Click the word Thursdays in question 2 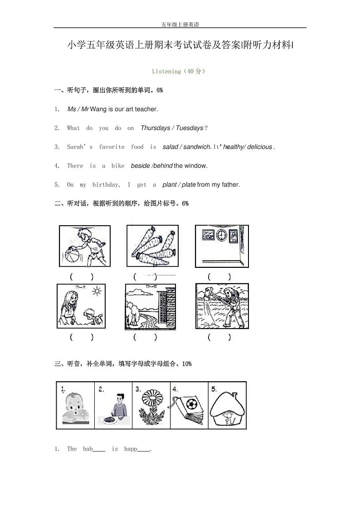click(155, 128)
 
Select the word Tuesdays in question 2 click(190, 128)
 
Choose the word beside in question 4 click(140, 166)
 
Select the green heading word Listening click(166, 71)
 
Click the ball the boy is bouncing click(72, 252)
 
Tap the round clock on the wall click(221, 235)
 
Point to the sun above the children click(96, 291)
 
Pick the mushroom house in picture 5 click(227, 408)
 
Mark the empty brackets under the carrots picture click(145, 276)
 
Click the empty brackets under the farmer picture click(219, 337)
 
